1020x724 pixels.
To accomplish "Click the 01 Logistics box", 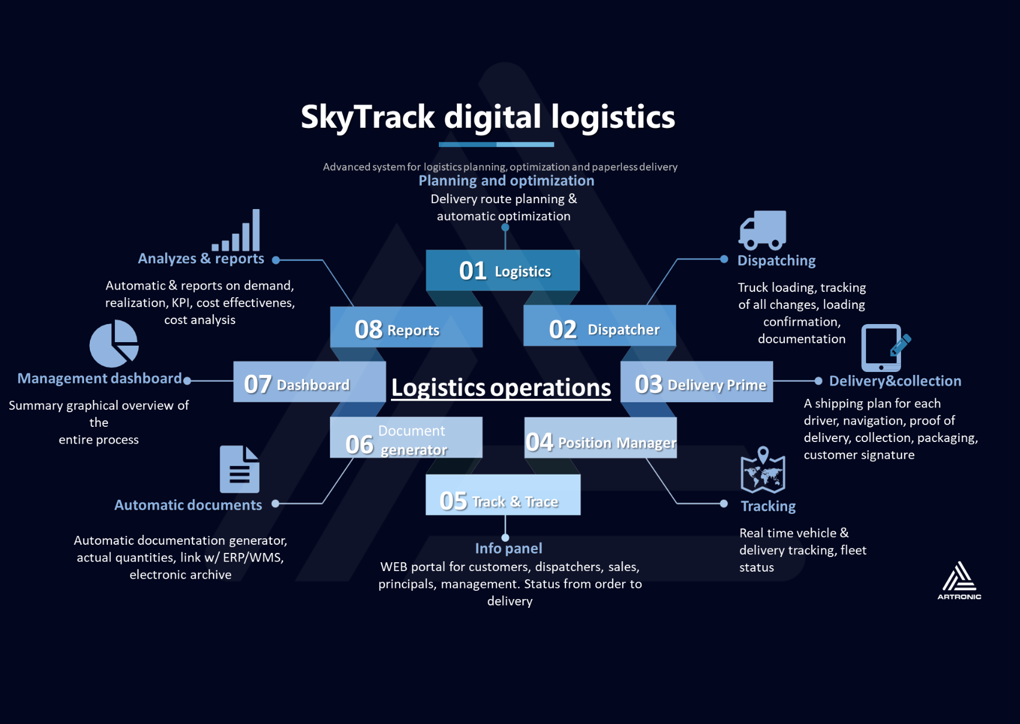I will [502, 270].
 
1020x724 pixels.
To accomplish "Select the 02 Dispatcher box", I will [599, 326].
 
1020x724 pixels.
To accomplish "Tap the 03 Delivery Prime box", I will [696, 382].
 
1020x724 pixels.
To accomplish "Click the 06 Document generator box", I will [406, 438].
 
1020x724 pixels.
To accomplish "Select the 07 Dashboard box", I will [309, 382].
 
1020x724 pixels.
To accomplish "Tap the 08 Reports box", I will [406, 327].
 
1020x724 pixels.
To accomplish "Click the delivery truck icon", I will [763, 230].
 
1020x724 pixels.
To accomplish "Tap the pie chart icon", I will [114, 344].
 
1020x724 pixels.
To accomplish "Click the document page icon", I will [239, 469].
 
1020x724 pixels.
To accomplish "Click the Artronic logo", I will [959, 580].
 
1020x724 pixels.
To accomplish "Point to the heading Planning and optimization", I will [506, 181].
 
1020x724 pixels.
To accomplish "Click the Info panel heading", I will [508, 548].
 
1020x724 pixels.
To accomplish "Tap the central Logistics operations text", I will [501, 388].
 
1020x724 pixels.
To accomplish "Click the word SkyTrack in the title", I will [368, 117].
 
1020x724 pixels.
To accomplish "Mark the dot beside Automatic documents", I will [275, 503].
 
